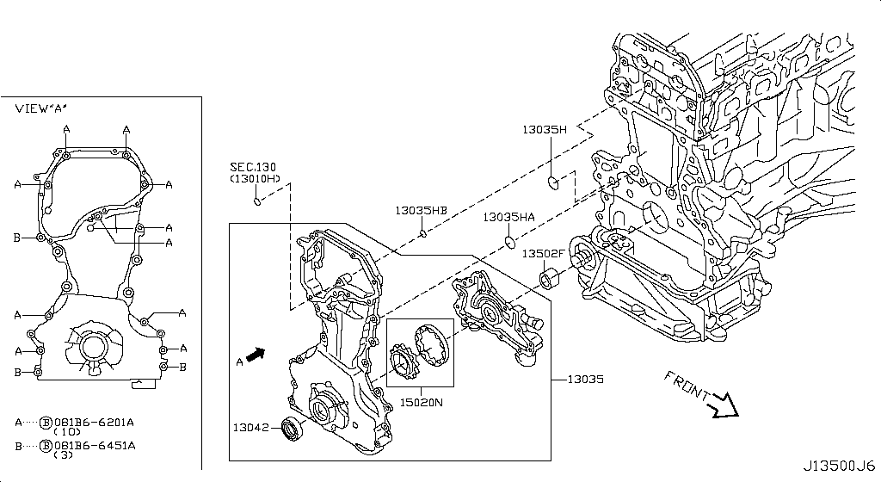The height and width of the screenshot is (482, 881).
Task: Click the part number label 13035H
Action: [x=545, y=130]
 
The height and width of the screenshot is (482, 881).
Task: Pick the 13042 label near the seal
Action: [x=251, y=426]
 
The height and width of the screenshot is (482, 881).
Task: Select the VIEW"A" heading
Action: [x=41, y=109]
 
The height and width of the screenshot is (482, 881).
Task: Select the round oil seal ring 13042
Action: [x=294, y=427]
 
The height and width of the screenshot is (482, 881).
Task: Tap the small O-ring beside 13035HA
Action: [x=509, y=239]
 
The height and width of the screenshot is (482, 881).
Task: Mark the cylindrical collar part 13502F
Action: [x=549, y=279]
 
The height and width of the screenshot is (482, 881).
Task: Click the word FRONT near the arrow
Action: [x=686, y=385]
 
